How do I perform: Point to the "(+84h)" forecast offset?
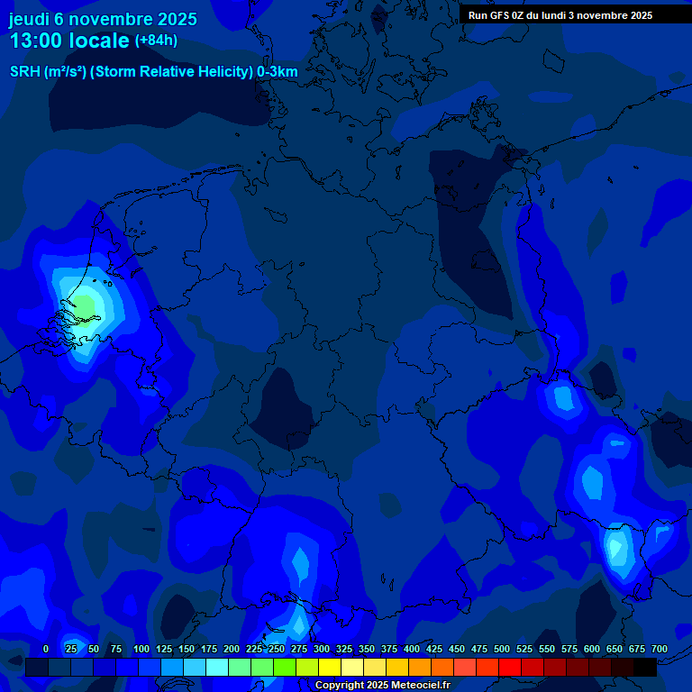[x=156, y=41]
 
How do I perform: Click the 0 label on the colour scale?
[x=45, y=650]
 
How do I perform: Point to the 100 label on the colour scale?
[x=141, y=650]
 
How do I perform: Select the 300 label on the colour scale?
[x=322, y=650]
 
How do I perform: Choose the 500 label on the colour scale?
[x=502, y=650]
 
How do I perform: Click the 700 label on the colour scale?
[x=660, y=650]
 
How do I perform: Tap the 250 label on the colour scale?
[x=277, y=650]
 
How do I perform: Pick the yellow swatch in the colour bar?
[x=330, y=668]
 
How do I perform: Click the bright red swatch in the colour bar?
[x=510, y=668]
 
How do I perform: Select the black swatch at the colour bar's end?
[x=645, y=668]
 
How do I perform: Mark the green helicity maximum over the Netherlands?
[x=84, y=305]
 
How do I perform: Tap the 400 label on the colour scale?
[x=412, y=650]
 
